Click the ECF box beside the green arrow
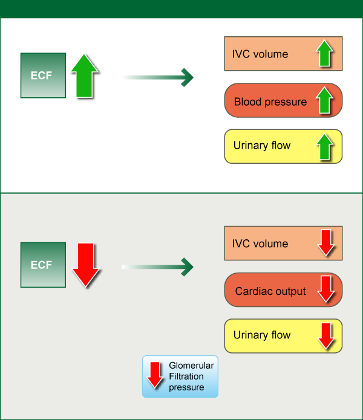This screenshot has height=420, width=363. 43,76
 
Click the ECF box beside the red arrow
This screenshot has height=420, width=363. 43,265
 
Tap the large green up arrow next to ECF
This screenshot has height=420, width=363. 85,76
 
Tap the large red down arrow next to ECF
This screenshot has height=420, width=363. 86,265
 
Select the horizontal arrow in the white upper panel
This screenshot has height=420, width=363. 158,77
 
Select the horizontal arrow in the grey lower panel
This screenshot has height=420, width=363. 158,267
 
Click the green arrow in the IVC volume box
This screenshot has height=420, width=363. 325,53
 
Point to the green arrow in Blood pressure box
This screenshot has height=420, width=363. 325,100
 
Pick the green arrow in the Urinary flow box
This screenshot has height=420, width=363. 325,147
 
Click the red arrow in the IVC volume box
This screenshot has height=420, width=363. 326,243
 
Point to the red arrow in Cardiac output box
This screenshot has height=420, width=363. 326,289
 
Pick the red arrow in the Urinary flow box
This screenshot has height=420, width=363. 326,337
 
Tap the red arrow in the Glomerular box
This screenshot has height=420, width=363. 155,375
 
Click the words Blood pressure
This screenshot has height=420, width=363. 270,102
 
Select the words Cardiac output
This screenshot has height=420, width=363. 270,291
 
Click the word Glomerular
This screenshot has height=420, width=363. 191,366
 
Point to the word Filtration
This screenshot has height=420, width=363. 186,376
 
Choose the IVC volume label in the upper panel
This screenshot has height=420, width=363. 260,54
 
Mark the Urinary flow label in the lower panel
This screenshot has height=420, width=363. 262,335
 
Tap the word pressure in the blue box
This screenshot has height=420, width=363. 186,387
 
